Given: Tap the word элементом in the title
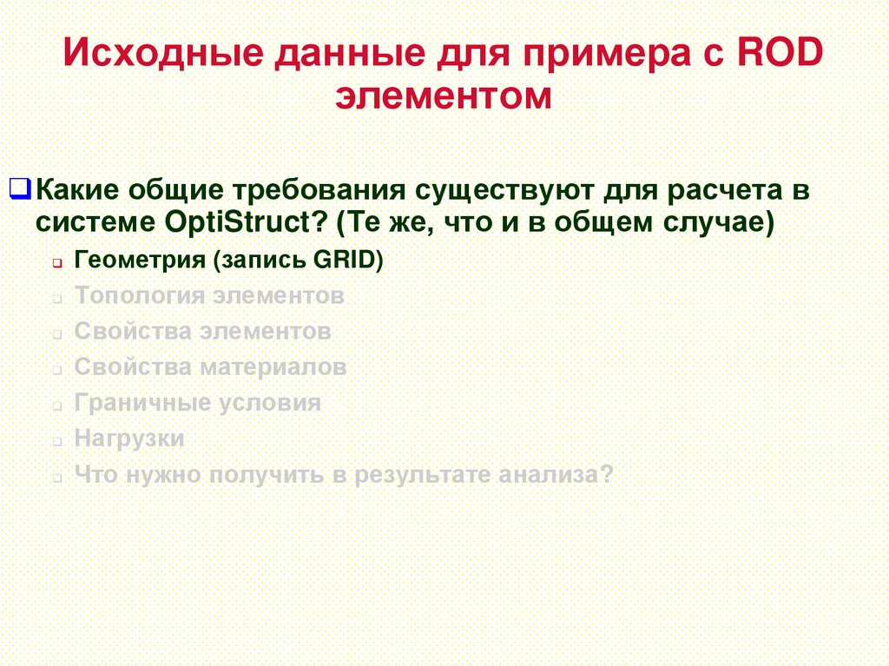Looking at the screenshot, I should click(444, 95).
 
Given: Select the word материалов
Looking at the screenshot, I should click(273, 366).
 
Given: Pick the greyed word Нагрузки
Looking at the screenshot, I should click(129, 439).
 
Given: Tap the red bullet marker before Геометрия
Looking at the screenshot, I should click(55, 262).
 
